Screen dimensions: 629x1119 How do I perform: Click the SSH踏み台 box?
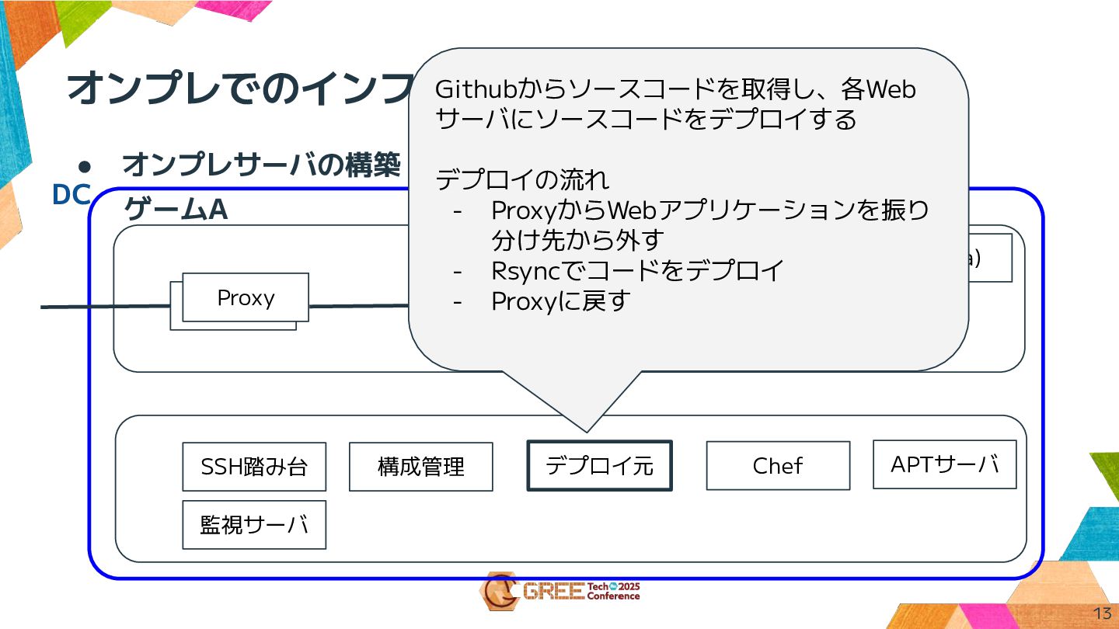point(254,467)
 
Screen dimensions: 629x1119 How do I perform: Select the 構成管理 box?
point(420,467)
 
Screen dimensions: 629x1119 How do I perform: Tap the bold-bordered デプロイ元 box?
point(599,466)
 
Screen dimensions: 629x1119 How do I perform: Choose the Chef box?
point(778,466)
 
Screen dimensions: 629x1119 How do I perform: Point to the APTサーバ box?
point(944,464)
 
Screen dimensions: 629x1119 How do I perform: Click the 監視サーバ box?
point(254,525)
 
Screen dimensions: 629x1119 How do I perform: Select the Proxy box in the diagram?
point(246,298)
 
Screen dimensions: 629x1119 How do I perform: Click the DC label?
point(71,195)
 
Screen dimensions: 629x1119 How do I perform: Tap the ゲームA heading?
point(176,209)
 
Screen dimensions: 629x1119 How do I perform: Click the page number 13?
point(1102,613)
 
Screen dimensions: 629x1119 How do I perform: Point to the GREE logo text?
point(553,592)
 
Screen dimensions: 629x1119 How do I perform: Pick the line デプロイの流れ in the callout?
point(522,179)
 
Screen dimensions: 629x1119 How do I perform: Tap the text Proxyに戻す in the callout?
point(559,301)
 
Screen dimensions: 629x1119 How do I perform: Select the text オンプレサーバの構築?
point(261,165)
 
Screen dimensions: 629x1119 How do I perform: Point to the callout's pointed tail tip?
point(586,430)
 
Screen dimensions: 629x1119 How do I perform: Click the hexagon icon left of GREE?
point(498,592)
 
